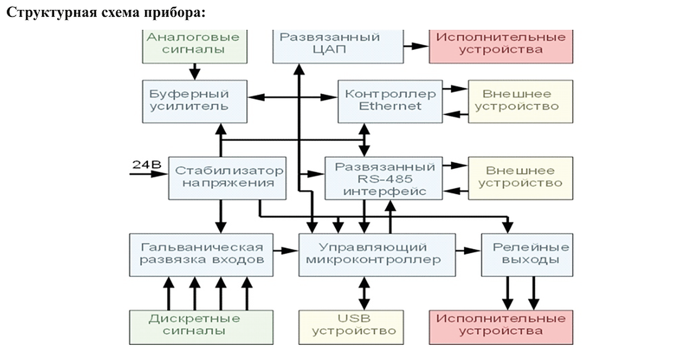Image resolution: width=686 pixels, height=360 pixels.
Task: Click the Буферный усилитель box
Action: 194,101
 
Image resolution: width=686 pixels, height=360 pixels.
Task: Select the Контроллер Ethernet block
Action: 390,101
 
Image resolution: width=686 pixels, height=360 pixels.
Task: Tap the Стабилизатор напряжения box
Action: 227,178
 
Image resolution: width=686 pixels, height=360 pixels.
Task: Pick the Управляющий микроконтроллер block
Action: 377,254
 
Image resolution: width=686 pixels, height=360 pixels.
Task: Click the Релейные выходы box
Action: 527,254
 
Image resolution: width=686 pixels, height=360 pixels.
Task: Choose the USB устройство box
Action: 351,327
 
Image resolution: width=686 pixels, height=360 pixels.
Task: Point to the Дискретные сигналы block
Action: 201,327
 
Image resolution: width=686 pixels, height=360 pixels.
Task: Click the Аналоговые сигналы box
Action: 194,45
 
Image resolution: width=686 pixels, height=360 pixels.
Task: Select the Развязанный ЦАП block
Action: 338,45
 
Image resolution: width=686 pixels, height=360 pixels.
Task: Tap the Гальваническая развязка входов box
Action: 201,254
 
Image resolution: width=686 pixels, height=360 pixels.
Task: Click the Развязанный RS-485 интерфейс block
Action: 383,178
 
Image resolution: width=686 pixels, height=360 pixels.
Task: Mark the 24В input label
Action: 146,164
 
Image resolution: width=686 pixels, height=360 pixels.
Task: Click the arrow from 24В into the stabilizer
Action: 149,174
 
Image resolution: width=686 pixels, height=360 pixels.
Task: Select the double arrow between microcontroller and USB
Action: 364,293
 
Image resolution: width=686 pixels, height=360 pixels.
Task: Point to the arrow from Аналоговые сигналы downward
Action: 194,71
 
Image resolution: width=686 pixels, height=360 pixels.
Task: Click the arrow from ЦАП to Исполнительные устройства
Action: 416,46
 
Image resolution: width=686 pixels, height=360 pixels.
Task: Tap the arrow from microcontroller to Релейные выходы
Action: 468,250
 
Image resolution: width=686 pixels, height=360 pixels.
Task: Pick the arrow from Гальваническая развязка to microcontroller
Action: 285,250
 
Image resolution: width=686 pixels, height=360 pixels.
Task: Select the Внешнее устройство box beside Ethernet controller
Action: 520,101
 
